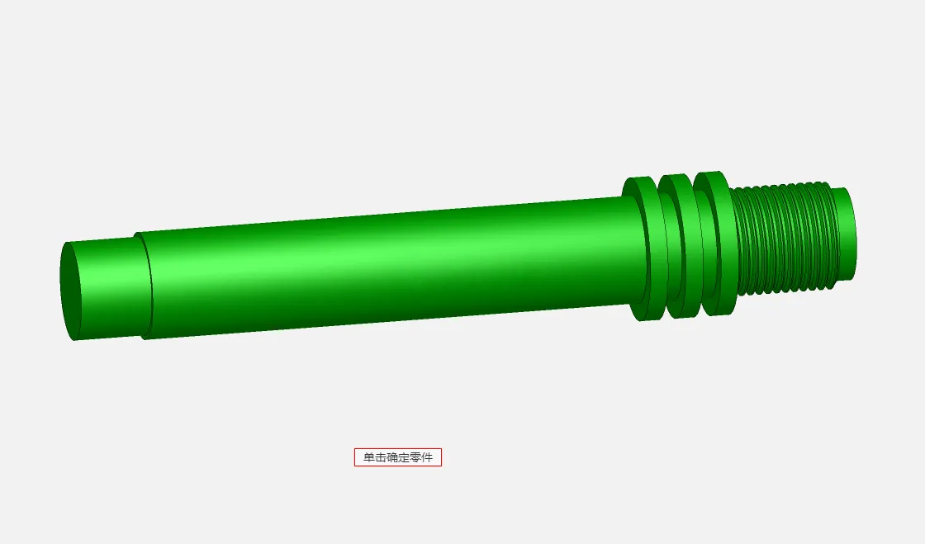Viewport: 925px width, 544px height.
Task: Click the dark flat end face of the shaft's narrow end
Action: pos(69,291)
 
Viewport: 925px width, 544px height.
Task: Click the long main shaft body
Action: pos(389,268)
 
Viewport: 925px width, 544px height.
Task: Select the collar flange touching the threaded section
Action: pos(715,244)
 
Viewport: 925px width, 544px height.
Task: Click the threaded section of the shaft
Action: pos(785,239)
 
